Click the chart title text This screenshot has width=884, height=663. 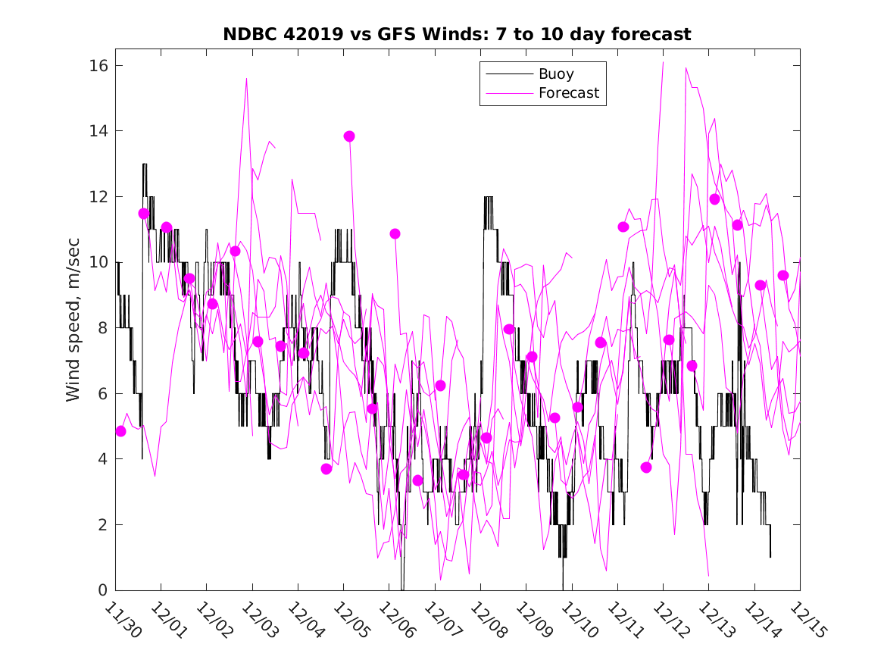tap(457, 35)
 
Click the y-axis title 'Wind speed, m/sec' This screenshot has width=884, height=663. tap(73, 327)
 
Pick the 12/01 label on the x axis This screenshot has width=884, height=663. tap(168, 621)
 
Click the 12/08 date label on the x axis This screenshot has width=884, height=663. tap(488, 621)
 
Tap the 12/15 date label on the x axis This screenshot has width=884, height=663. tap(807, 621)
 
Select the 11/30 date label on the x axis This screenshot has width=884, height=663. tap(123, 621)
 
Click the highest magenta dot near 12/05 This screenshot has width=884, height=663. tap(349, 136)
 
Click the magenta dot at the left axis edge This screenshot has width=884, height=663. tap(120, 431)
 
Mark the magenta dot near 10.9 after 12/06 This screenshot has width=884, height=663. tap(395, 234)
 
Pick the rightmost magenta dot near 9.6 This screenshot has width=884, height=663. tap(783, 276)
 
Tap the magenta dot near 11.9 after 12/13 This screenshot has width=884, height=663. tap(714, 199)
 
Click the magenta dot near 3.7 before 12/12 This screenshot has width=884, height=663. tap(646, 468)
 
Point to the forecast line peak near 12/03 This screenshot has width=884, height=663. tap(246, 78)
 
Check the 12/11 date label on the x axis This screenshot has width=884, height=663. tap(625, 621)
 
